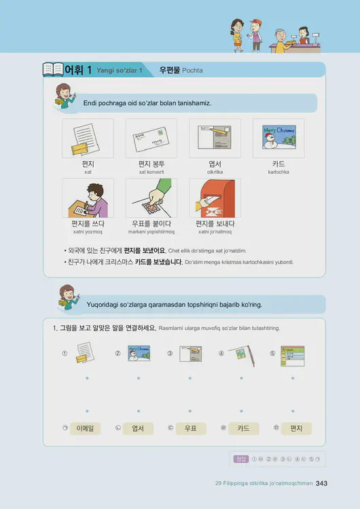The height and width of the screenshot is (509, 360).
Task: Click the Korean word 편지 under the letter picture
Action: [88, 164]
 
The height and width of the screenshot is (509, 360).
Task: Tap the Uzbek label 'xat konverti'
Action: [151, 172]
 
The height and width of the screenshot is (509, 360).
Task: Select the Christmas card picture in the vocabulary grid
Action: [278, 138]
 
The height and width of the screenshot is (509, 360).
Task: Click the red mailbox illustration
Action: [215, 197]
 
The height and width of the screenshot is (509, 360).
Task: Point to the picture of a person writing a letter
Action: [88, 197]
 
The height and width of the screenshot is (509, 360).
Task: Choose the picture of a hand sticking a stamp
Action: [151, 197]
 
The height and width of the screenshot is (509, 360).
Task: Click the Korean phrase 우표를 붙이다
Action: [151, 223]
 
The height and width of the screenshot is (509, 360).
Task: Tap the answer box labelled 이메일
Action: [88, 428]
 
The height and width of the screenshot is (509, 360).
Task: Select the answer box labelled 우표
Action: [190, 428]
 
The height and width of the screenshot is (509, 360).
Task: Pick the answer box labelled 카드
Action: [242, 428]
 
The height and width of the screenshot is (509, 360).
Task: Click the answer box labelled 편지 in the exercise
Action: [295, 428]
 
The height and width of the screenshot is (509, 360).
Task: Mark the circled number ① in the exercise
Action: [65, 354]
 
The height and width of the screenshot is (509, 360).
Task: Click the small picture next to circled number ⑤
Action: [293, 355]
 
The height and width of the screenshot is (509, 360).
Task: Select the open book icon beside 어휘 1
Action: [52, 70]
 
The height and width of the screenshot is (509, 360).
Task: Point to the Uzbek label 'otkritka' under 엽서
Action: [215, 172]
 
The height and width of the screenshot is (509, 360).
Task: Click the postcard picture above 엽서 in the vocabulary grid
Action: [215, 138]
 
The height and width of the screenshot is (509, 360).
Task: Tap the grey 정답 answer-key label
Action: [240, 459]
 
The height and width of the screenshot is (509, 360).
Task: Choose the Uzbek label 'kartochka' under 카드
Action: [278, 172]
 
